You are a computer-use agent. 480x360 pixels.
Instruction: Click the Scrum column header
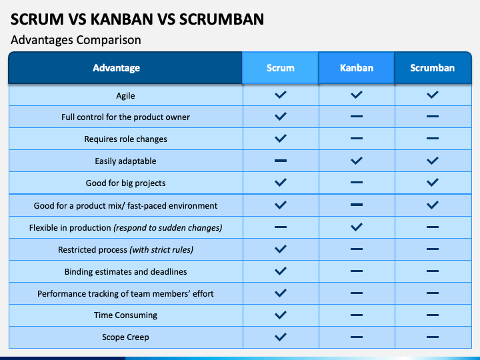[x=281, y=67]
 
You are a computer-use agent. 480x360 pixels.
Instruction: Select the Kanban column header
[x=357, y=67]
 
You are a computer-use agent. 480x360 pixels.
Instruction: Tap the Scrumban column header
[x=432, y=67]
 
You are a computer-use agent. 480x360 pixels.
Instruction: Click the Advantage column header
[x=116, y=67]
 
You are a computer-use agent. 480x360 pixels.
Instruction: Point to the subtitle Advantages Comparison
[x=76, y=40]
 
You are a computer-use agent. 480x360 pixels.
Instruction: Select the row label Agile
[x=125, y=96]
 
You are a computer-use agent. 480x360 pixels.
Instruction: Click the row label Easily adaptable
[x=125, y=161]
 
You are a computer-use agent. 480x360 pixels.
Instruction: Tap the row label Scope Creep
[x=125, y=337]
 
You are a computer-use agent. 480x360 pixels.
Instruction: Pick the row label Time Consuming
[x=125, y=315]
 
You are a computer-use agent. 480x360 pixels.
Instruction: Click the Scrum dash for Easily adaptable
[x=281, y=161]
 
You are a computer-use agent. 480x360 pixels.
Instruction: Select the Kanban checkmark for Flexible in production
[x=357, y=227]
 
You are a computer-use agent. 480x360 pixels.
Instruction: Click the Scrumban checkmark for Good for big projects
[x=433, y=183]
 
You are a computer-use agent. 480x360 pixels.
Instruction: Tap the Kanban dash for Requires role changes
[x=357, y=139]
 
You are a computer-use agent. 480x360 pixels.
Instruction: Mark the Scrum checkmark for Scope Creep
[x=281, y=337]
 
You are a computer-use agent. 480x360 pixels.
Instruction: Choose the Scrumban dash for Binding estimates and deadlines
[x=433, y=271]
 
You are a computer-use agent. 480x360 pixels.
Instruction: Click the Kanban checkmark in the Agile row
[x=357, y=95]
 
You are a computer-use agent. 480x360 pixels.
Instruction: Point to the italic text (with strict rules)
[x=161, y=250]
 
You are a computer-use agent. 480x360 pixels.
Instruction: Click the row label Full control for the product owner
[x=125, y=117]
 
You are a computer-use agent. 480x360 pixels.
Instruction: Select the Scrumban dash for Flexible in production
[x=433, y=227]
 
